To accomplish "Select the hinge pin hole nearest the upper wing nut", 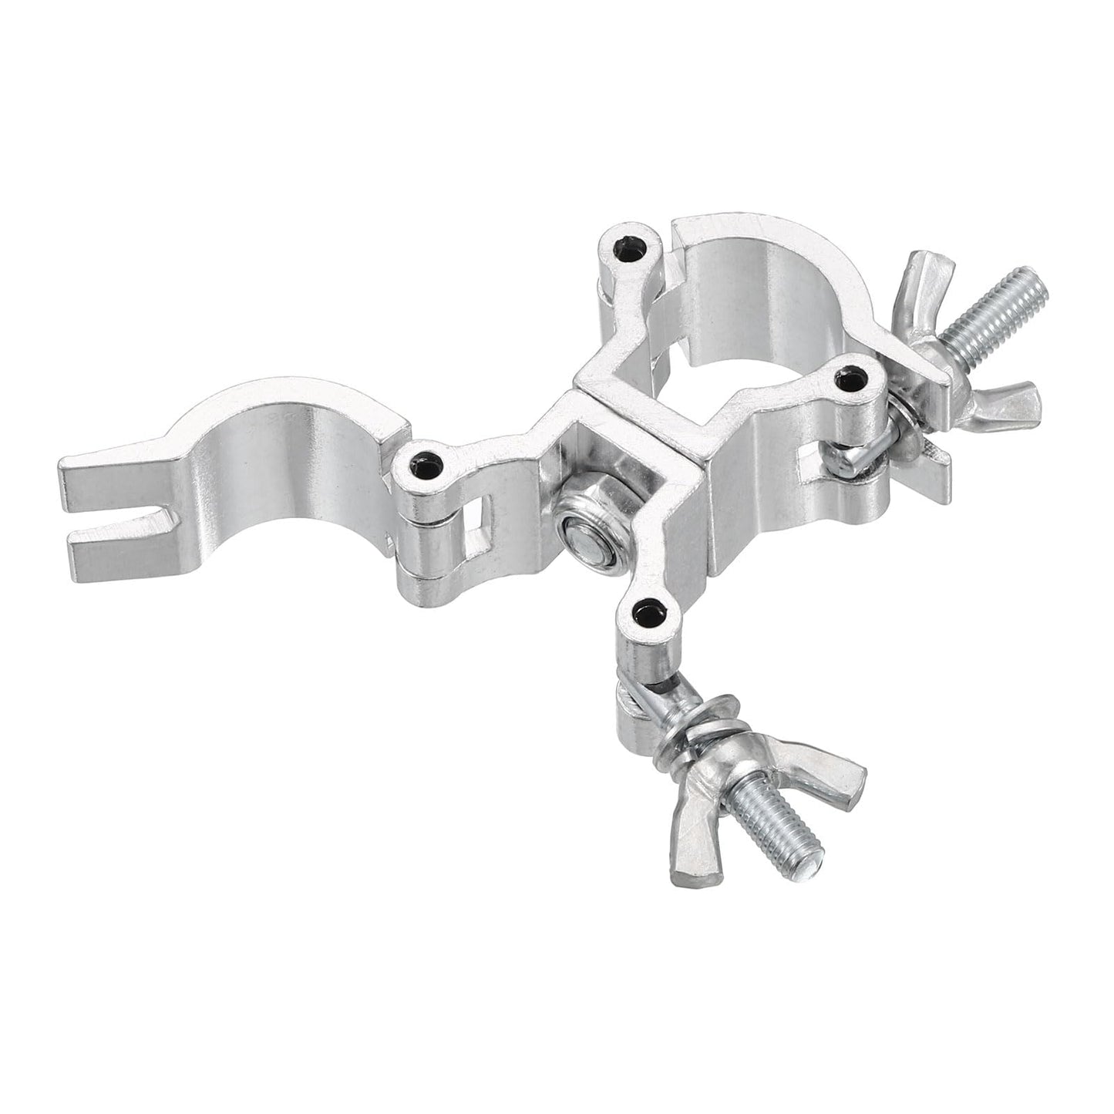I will [852, 379].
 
